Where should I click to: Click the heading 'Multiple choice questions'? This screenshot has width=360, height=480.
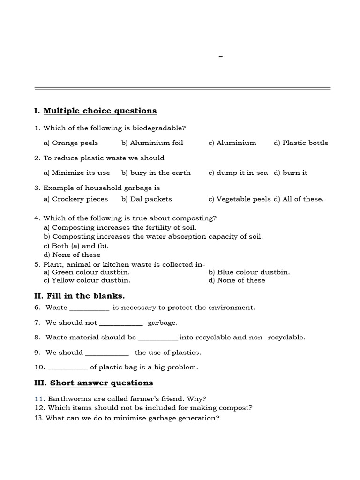[x=100, y=111]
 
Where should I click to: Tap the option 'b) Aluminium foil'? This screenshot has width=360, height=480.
[x=152, y=143]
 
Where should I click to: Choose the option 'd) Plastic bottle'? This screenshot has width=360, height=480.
[x=301, y=143]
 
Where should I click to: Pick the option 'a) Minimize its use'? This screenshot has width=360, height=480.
[x=77, y=173]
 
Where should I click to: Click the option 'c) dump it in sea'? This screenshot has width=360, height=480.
[x=238, y=173]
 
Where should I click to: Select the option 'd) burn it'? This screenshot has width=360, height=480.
[x=291, y=173]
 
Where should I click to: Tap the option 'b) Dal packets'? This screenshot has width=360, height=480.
[x=147, y=199]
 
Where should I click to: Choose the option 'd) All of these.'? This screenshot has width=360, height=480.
[x=299, y=199]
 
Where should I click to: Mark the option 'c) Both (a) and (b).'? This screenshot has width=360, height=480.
[x=76, y=246]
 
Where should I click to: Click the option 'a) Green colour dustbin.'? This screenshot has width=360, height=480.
[x=87, y=272]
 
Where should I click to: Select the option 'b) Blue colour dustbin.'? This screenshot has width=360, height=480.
[x=249, y=272]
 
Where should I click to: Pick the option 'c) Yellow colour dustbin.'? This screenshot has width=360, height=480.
[x=87, y=280]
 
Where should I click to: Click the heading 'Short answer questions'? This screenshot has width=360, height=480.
[x=101, y=383]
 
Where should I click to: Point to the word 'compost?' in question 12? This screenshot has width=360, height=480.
[x=238, y=408]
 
